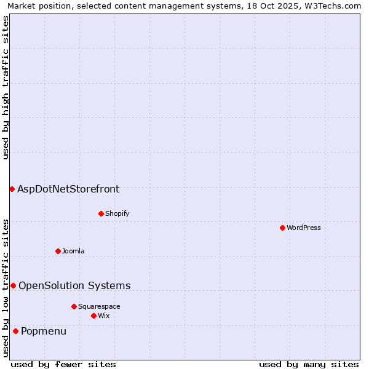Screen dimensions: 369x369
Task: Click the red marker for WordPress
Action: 282,228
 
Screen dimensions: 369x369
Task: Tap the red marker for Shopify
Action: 101,213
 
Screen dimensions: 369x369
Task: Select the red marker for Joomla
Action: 58,251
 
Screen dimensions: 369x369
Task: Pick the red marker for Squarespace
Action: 74,306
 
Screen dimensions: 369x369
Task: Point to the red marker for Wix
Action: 93,315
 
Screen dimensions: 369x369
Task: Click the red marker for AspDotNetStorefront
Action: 12,189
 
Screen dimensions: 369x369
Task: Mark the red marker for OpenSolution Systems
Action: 13,285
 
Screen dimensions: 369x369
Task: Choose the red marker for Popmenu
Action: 15,331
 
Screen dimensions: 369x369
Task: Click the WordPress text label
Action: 304,228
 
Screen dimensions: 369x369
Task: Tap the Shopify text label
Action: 117,213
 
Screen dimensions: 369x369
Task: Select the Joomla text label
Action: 73,251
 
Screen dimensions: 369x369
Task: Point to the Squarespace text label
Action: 99,306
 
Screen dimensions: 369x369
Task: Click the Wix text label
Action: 104,315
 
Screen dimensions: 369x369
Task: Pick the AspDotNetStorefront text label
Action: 68,189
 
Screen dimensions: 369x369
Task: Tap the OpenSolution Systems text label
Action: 74,285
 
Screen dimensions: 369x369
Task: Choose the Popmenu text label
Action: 44,331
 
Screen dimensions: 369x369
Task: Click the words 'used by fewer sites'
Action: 63,364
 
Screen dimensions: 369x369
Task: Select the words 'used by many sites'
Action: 309,364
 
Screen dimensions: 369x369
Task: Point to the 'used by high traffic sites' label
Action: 6,87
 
